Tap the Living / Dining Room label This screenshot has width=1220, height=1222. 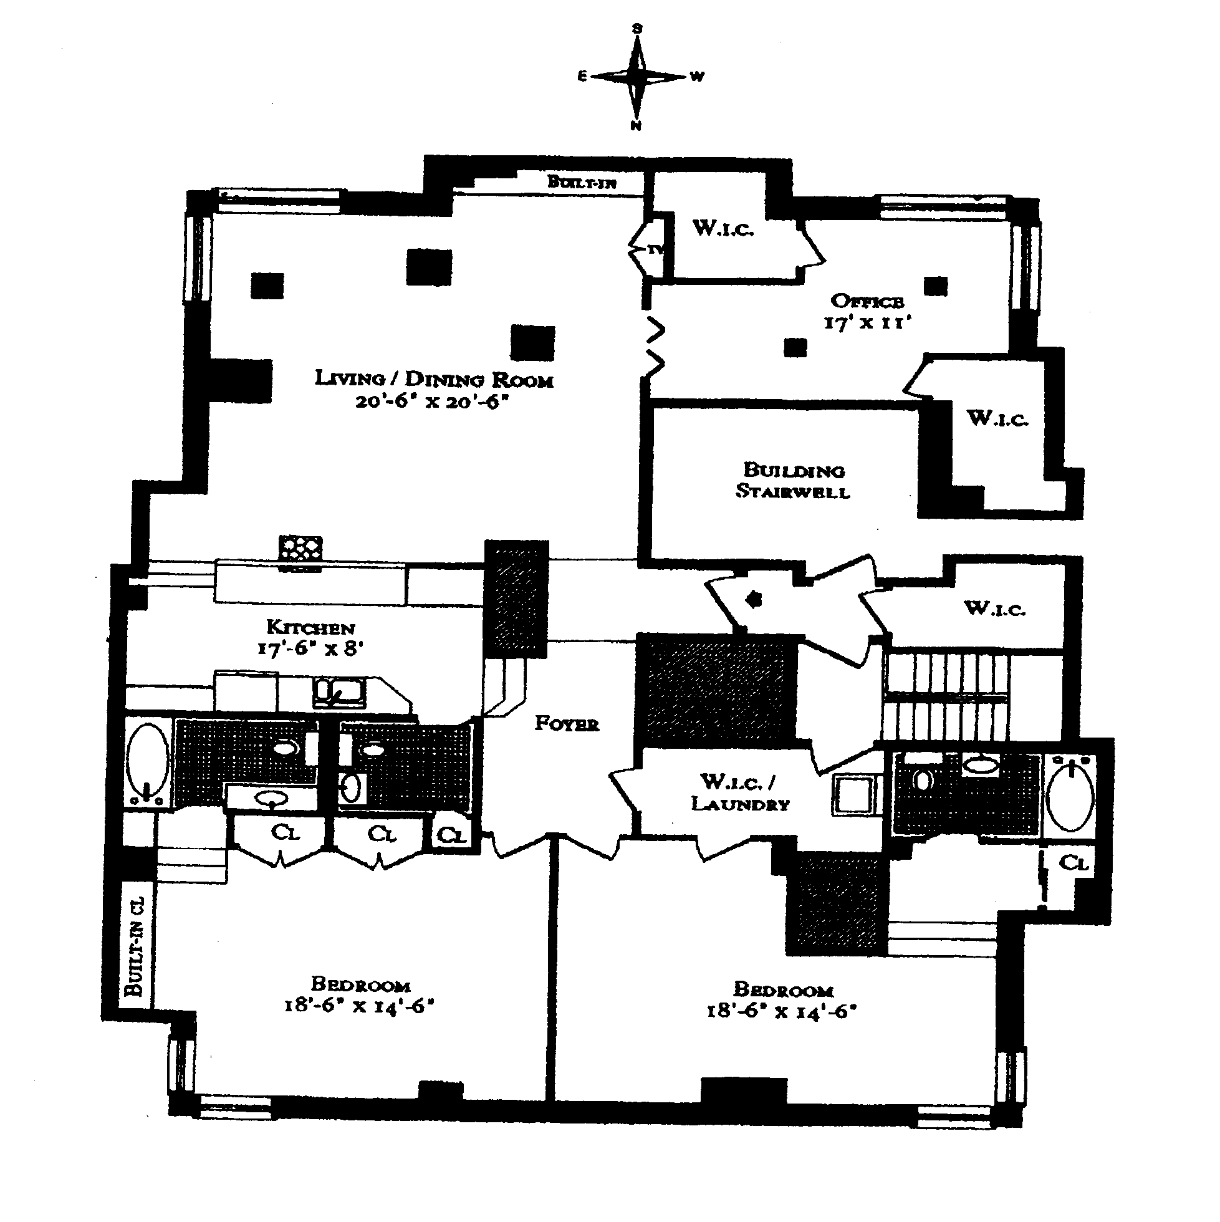[434, 379]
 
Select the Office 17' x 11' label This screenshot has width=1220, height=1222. [867, 311]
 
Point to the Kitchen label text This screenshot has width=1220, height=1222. [310, 627]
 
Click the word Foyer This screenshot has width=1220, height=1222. [567, 724]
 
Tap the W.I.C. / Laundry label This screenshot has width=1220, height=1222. [740, 793]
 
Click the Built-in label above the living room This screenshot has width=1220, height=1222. [581, 182]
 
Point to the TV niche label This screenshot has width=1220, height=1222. [655, 250]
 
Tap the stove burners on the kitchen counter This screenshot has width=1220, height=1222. [300, 549]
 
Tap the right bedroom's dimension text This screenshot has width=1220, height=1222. [781, 1011]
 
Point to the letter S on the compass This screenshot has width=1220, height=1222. [638, 29]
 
